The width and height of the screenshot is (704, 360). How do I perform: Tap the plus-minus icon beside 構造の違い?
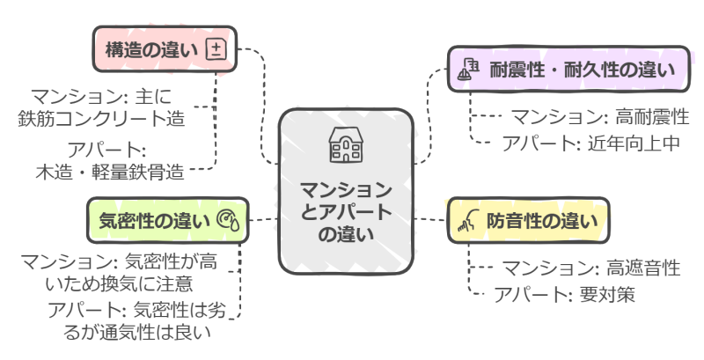tap(215, 50)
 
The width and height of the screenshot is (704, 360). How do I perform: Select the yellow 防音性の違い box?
tap(528, 220)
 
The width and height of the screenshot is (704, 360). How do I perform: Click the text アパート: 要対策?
tap(563, 293)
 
